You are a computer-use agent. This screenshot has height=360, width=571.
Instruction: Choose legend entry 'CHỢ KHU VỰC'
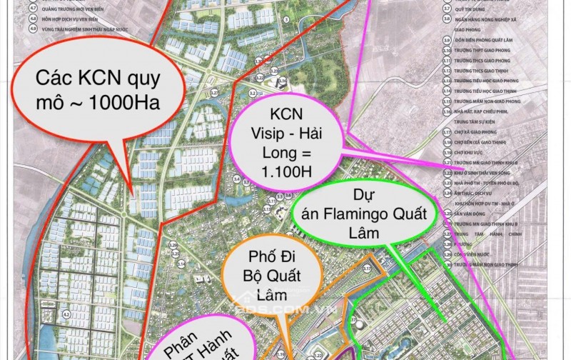(x=468, y=152)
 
